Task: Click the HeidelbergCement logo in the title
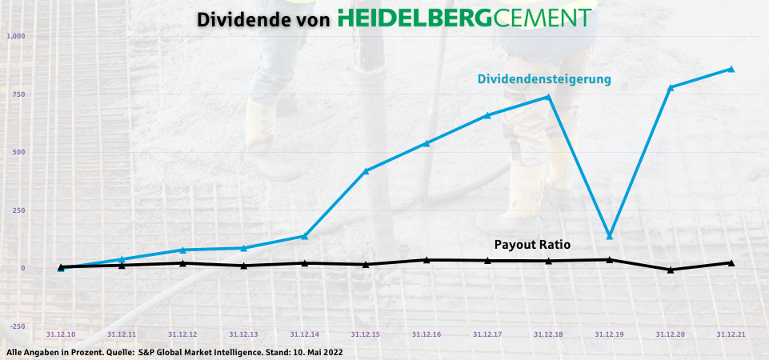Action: pos(464,18)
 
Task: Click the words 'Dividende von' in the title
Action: pos(263,19)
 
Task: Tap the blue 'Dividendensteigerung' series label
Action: pos(544,79)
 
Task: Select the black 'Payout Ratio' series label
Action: pos(532,244)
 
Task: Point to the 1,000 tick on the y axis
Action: pos(16,37)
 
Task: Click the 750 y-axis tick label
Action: pos(18,94)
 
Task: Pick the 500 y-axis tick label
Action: pos(18,152)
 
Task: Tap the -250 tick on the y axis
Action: pos(16,326)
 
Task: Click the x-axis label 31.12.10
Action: pos(61,334)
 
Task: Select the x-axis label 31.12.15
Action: pos(365,334)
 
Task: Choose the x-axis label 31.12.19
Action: pos(609,334)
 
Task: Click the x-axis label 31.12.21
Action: pos(731,334)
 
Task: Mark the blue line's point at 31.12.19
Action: pos(610,236)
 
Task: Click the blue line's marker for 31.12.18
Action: pos(548,97)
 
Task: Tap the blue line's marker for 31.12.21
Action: pos(731,69)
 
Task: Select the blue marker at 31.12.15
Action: pos(366,170)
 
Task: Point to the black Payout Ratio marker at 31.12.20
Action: pos(671,270)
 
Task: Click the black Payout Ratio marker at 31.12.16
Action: pos(427,260)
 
